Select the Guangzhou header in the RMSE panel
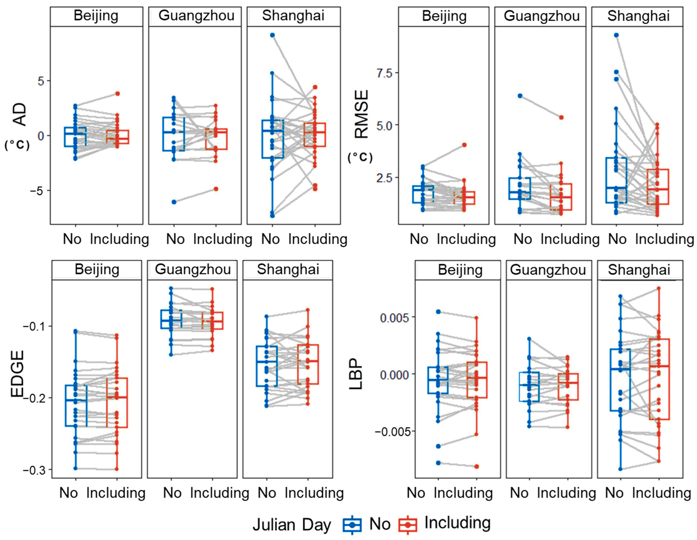(542, 16)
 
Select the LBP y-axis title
(356, 374)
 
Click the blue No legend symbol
(352, 524)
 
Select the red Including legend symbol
(408, 524)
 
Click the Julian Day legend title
(292, 525)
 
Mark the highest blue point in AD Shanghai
(272, 35)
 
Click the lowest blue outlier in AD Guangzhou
(174, 202)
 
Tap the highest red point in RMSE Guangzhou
(561, 117)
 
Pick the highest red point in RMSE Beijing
(464, 145)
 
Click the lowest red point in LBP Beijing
(476, 466)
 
